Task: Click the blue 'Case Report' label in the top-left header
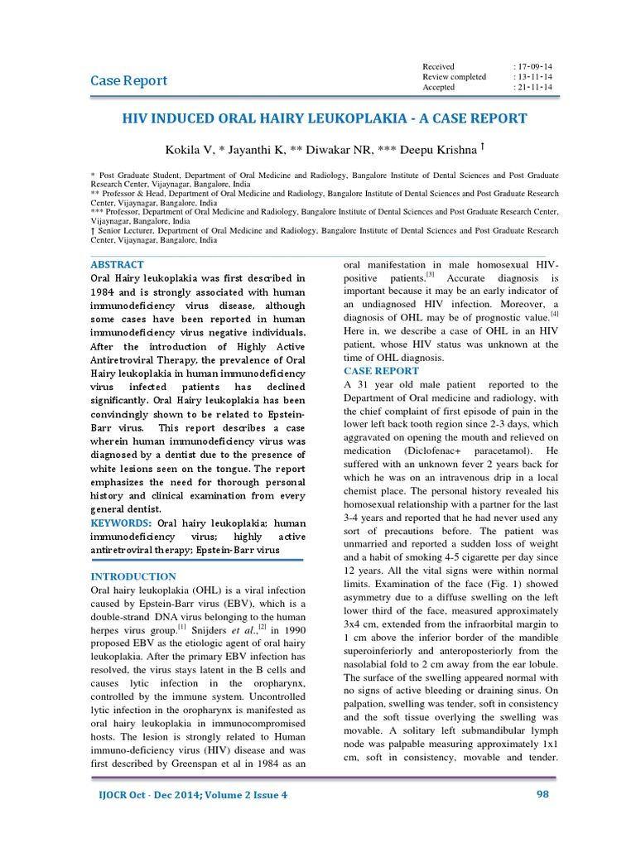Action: (x=128, y=80)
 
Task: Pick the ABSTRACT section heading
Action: (x=117, y=264)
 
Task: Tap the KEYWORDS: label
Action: (x=120, y=523)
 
